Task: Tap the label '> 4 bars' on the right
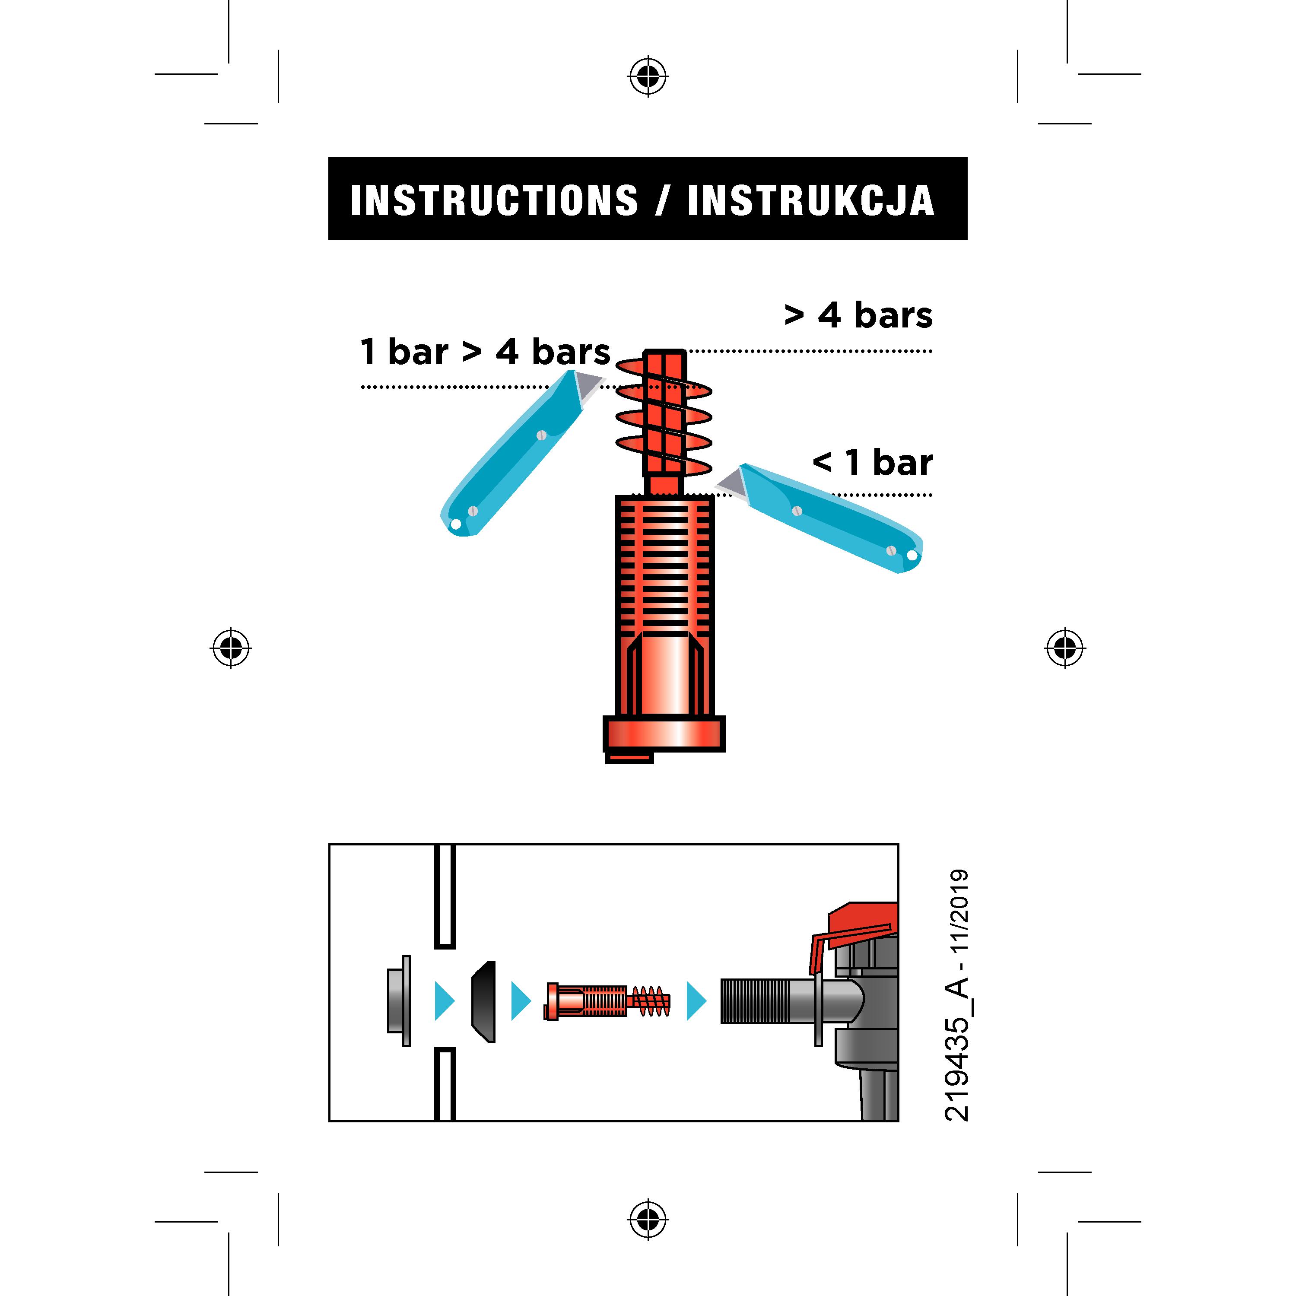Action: (x=859, y=315)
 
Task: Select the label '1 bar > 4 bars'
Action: (x=485, y=352)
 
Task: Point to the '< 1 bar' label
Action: (x=873, y=462)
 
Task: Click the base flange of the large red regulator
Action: (x=664, y=734)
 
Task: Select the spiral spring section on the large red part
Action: (x=664, y=416)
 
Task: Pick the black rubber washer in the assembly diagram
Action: (x=484, y=1001)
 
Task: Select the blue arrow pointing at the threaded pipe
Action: (x=697, y=1001)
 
